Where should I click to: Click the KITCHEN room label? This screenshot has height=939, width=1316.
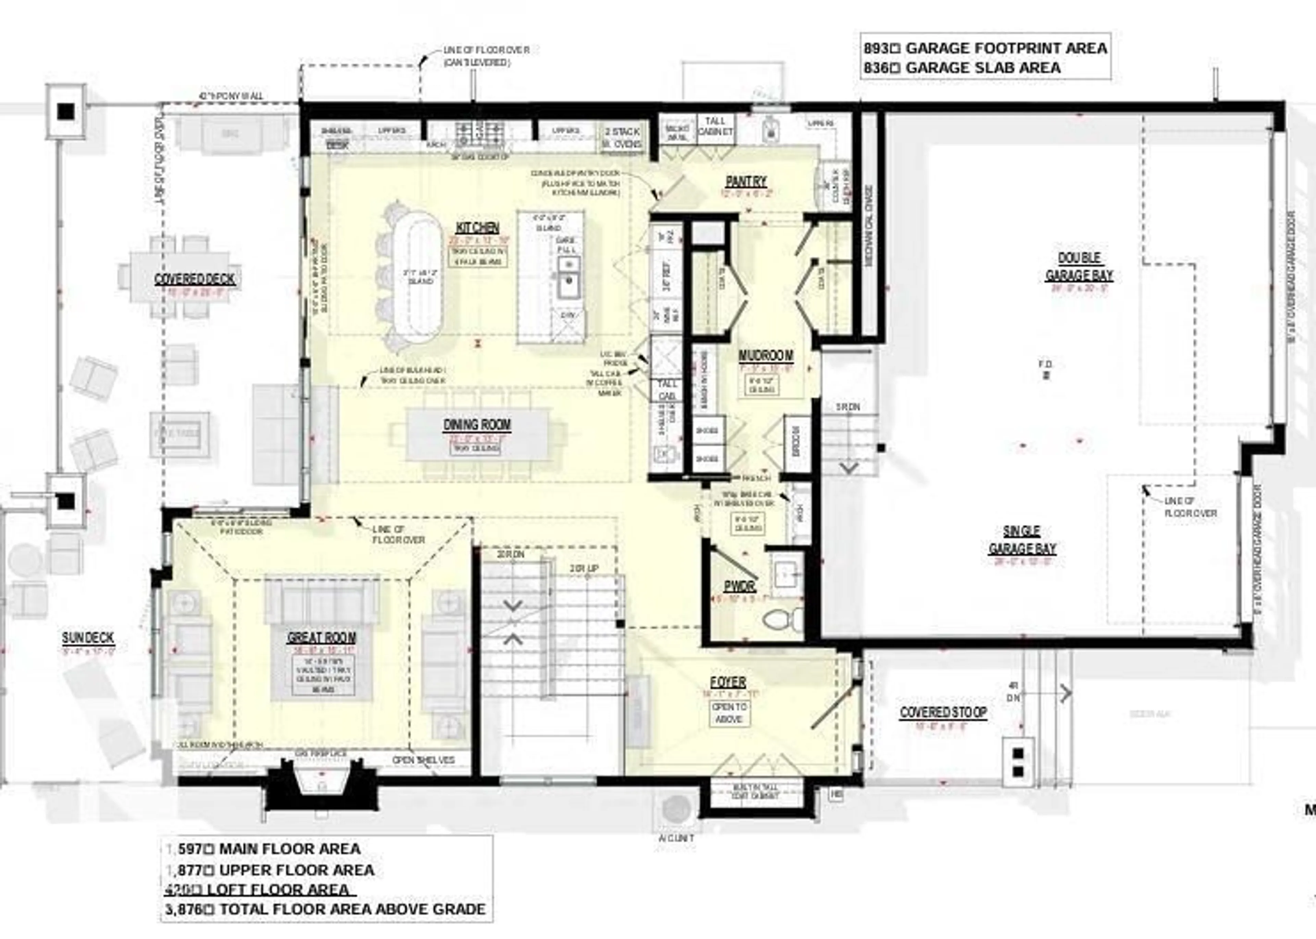[x=477, y=228]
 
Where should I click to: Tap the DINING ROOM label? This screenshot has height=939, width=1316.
[x=477, y=425]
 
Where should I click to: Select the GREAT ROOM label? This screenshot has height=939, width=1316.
[x=321, y=638]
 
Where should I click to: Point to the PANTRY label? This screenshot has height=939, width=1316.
[x=746, y=182]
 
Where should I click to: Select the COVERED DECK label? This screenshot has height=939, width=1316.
[x=195, y=279]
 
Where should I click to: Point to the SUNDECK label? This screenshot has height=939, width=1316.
[x=88, y=638]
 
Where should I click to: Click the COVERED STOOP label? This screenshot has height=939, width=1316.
[x=943, y=713]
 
